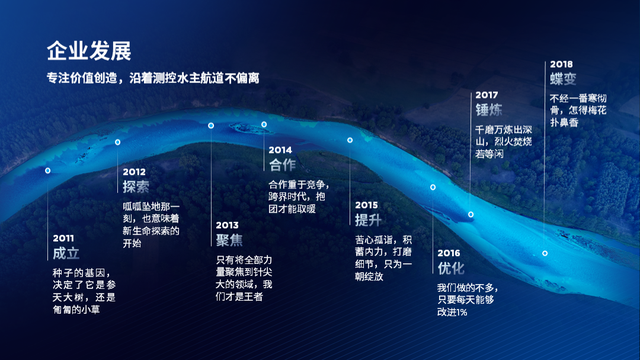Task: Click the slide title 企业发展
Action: click(x=89, y=50)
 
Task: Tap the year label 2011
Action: click(x=64, y=238)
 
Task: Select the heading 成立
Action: click(x=67, y=254)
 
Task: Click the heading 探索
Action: click(x=137, y=187)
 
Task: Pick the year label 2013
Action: click(x=228, y=225)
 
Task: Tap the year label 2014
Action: click(x=280, y=150)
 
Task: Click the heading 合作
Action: click(x=283, y=166)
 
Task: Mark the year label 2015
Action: click(x=366, y=204)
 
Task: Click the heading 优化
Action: click(x=452, y=268)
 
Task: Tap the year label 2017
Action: click(x=486, y=95)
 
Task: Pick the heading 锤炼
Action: click(x=489, y=111)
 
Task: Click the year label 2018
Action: click(x=561, y=63)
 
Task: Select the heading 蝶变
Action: click(x=564, y=79)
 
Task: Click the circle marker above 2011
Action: click(x=47, y=171)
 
